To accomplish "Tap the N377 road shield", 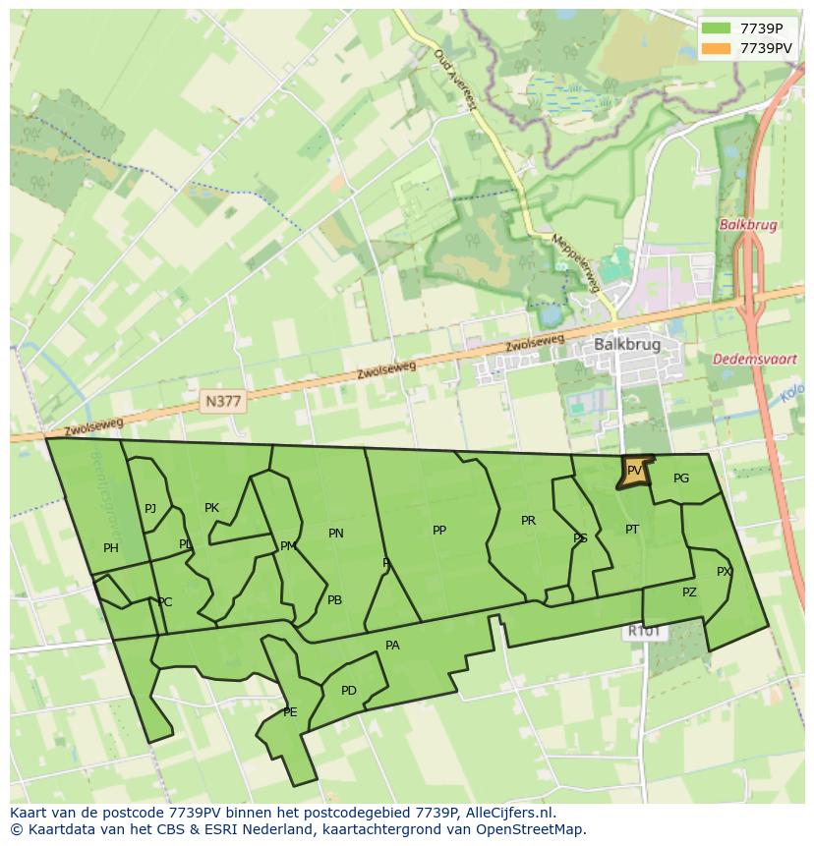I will (223, 401).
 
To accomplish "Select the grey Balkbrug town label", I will (627, 345).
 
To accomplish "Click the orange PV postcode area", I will (634, 472).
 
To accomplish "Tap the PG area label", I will (681, 479).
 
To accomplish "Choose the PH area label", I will (110, 548).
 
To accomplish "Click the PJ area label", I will (150, 509).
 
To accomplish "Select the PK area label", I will (211, 508).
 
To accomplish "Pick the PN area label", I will (336, 534).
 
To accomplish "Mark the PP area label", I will (439, 531).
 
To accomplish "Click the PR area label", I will (528, 521).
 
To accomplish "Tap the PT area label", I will (632, 530).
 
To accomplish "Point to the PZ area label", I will (689, 592).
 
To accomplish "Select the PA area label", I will (392, 646).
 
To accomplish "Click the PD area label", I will (349, 691).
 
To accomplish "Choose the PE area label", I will (290, 712).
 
